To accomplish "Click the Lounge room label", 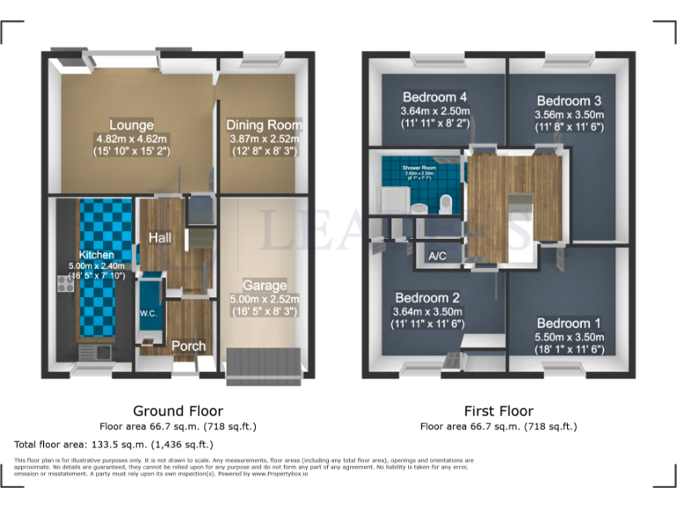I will [131, 124].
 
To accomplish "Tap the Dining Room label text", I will [264, 124].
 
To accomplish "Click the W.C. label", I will [147, 313].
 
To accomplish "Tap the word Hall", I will [160, 238].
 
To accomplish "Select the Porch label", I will [188, 346].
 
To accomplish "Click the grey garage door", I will [264, 362].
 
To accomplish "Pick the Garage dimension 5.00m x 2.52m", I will [264, 299].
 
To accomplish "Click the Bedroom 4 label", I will [434, 97].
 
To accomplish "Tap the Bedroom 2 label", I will [428, 297].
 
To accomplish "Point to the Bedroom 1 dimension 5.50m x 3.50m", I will [569, 337].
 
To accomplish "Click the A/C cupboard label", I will [437, 257].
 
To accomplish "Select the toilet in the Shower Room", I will [445, 205].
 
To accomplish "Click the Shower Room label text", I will [418, 167].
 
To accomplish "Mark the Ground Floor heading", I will [177, 411].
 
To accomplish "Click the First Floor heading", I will [498, 411].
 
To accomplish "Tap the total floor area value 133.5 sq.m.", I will [148, 444].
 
